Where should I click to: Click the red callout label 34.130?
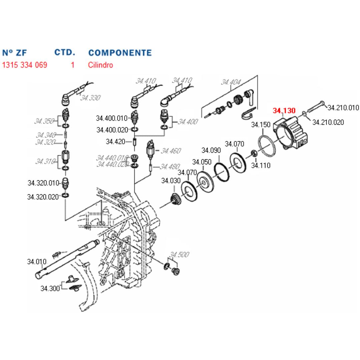coord(284,110)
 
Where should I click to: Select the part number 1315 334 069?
coord(24,65)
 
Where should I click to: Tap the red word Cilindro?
coord(100,65)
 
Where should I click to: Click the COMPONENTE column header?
coord(120,53)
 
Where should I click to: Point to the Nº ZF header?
coord(14,53)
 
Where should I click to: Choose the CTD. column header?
coord(65,52)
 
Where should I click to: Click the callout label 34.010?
coord(37,262)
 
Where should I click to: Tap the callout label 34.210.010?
coord(343,107)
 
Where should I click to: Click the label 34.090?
coord(211,150)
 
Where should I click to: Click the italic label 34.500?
coord(179,255)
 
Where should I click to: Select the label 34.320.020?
coord(43,197)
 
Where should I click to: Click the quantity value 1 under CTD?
coord(73,65)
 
